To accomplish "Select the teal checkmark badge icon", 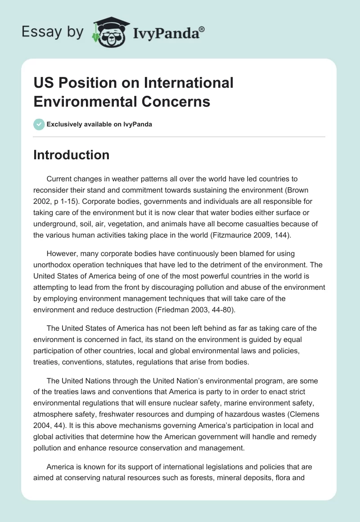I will click(39, 124).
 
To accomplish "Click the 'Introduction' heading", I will click(71, 155).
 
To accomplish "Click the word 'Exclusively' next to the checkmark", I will click(65, 125).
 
